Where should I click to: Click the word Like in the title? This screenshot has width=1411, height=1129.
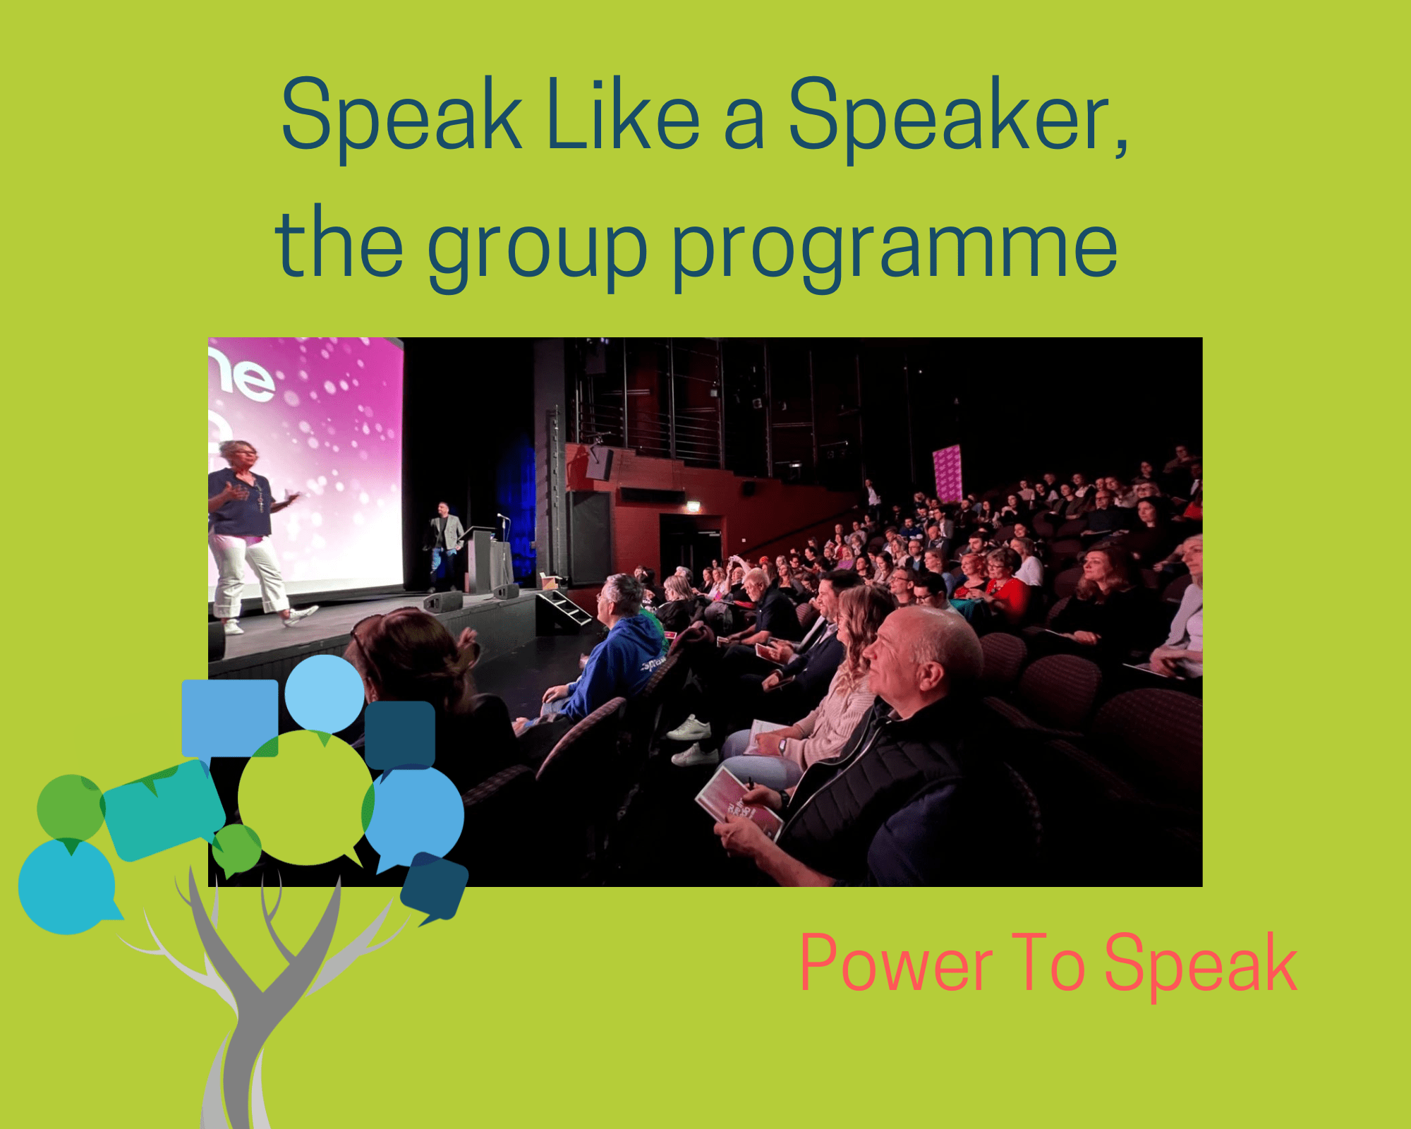pyautogui.click(x=623, y=114)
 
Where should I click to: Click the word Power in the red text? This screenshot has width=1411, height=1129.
pyautogui.click(x=896, y=962)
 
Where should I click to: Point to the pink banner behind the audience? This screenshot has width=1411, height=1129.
pyautogui.click(x=947, y=473)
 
